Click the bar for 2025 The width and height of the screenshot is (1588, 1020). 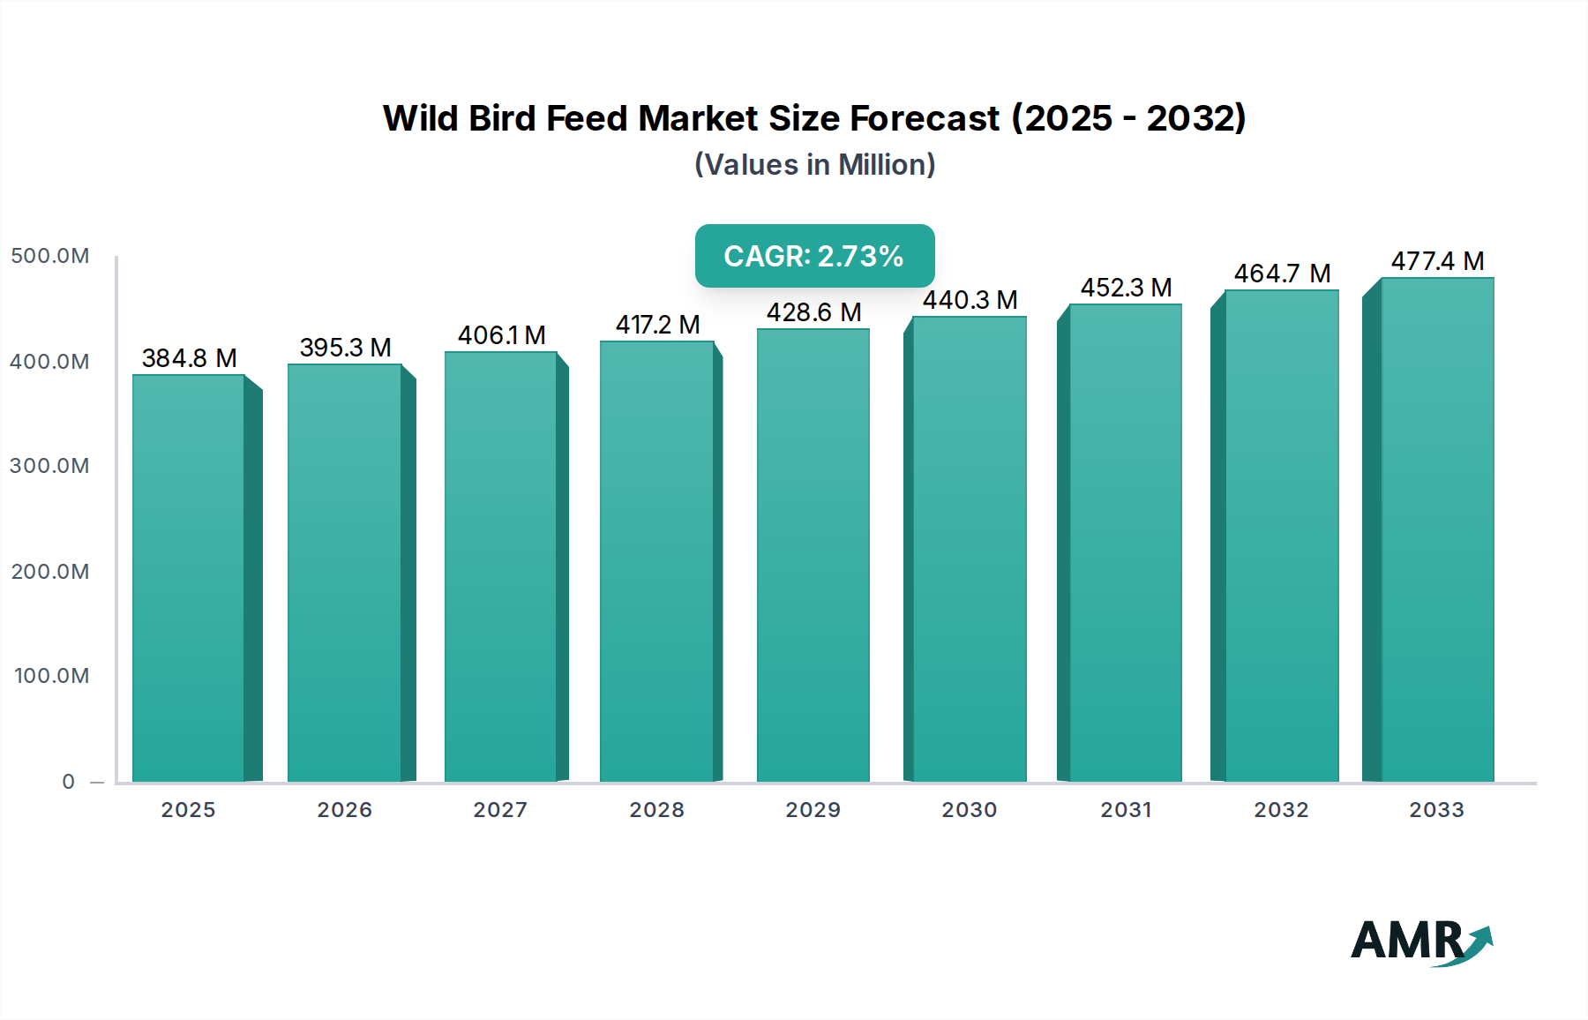point(189,578)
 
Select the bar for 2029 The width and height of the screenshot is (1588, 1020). point(813,556)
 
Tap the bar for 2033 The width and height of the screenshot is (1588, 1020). point(1436,529)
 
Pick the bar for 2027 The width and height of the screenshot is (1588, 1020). point(500,566)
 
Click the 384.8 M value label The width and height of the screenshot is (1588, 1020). point(189,358)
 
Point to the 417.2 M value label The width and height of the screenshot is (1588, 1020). point(657,325)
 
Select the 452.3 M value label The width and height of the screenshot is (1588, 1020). point(1126,288)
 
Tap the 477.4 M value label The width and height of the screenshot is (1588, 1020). point(1437,261)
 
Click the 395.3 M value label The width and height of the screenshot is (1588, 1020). point(345,348)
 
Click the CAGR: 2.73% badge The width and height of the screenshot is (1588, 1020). point(814,256)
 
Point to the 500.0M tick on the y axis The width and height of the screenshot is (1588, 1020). point(50,256)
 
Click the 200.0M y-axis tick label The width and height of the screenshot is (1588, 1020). point(50,572)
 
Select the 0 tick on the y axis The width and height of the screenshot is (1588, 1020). point(69,782)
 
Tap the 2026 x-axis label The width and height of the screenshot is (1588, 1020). point(345,810)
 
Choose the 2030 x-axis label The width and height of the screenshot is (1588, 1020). point(969,810)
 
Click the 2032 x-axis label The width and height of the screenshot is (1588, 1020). point(1281,810)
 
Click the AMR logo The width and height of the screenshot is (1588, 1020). point(1420,941)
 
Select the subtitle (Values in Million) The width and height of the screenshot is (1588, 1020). point(814,165)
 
